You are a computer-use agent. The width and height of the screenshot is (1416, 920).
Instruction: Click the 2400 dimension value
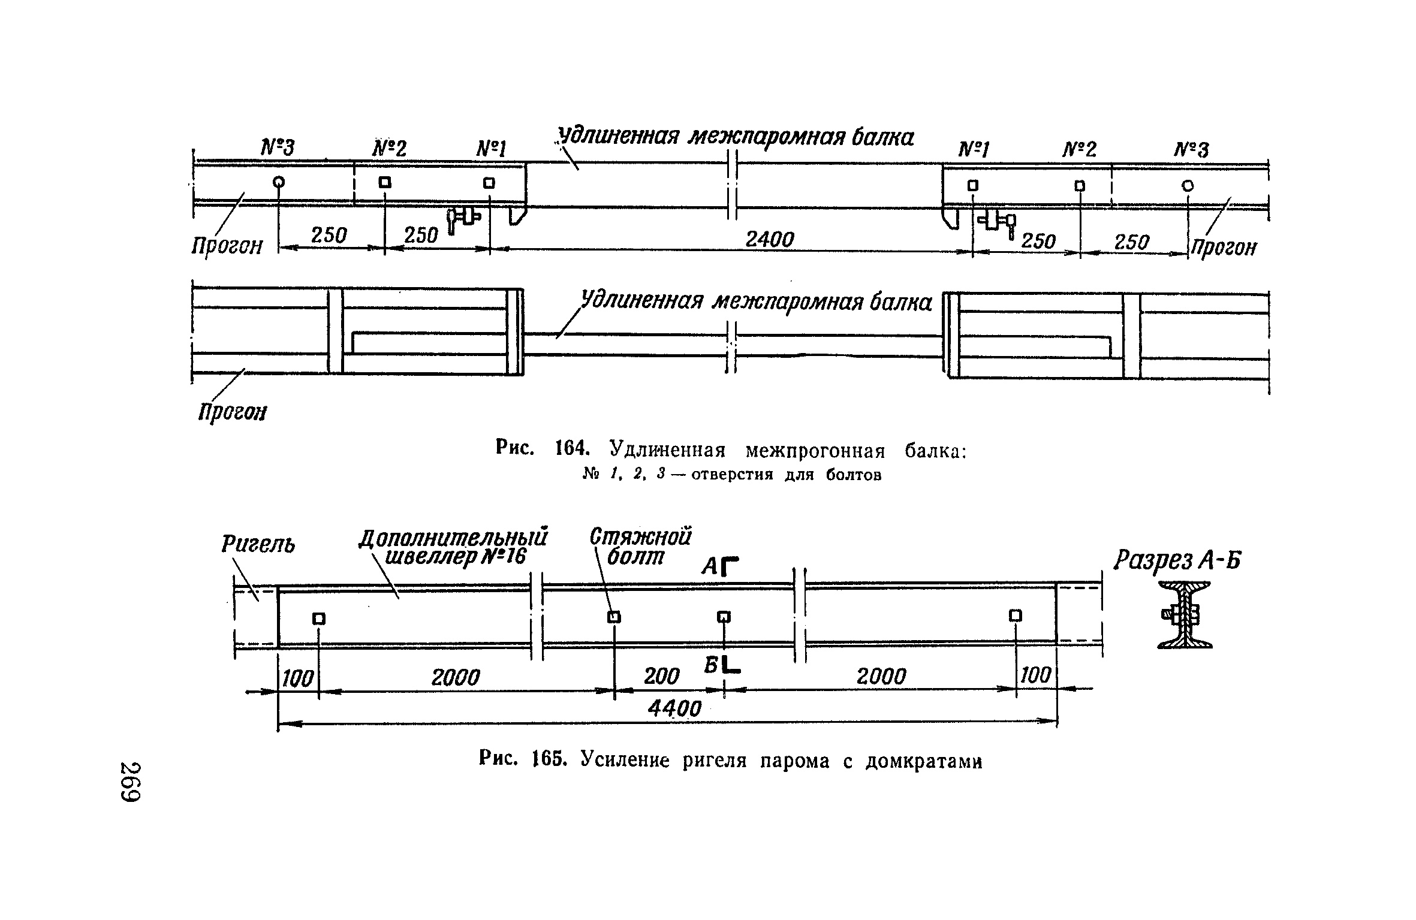[x=769, y=240]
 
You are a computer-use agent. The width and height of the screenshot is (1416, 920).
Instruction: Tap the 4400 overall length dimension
[x=674, y=708]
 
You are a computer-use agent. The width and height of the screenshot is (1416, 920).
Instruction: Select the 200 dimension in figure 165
[x=661, y=677]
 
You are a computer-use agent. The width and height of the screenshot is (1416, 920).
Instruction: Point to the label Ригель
[x=258, y=545]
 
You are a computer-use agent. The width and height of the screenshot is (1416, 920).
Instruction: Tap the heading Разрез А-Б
[x=1177, y=561]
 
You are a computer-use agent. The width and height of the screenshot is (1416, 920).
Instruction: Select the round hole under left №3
[x=279, y=182]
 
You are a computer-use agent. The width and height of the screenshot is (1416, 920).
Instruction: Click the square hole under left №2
[x=385, y=182]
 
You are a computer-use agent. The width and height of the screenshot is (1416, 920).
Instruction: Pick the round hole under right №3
[x=1188, y=186]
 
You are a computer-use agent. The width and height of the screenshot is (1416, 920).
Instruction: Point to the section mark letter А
[x=710, y=566]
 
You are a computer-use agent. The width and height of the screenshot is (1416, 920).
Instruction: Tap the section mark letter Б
[x=712, y=664]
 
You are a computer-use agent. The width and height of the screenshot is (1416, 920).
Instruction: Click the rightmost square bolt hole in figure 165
[x=1015, y=616]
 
